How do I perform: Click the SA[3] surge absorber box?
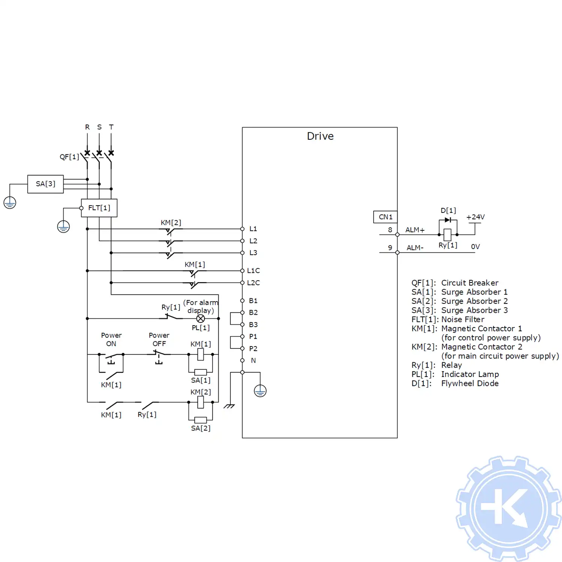tap(45, 184)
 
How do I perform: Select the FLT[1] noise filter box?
tap(99, 208)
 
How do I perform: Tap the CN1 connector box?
tap(385, 217)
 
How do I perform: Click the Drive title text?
tap(320, 136)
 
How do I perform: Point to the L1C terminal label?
tap(253, 271)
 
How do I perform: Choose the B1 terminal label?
tap(253, 300)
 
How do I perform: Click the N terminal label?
tap(253, 360)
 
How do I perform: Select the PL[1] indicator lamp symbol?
tap(200, 318)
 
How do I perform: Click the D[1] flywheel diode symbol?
tap(448, 220)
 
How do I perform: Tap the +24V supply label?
tap(475, 217)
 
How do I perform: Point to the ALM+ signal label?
tap(415, 230)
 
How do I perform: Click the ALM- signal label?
tap(415, 248)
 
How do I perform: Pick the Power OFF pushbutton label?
tap(159, 339)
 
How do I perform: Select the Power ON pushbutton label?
tap(111, 339)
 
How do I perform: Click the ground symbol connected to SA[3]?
tap(10, 203)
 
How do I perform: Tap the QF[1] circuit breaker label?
tap(69, 157)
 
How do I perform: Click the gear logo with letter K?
tap(508, 508)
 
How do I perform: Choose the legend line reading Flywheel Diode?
tap(469, 383)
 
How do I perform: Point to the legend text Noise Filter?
tap(463, 319)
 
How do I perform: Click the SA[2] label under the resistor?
tap(200, 428)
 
